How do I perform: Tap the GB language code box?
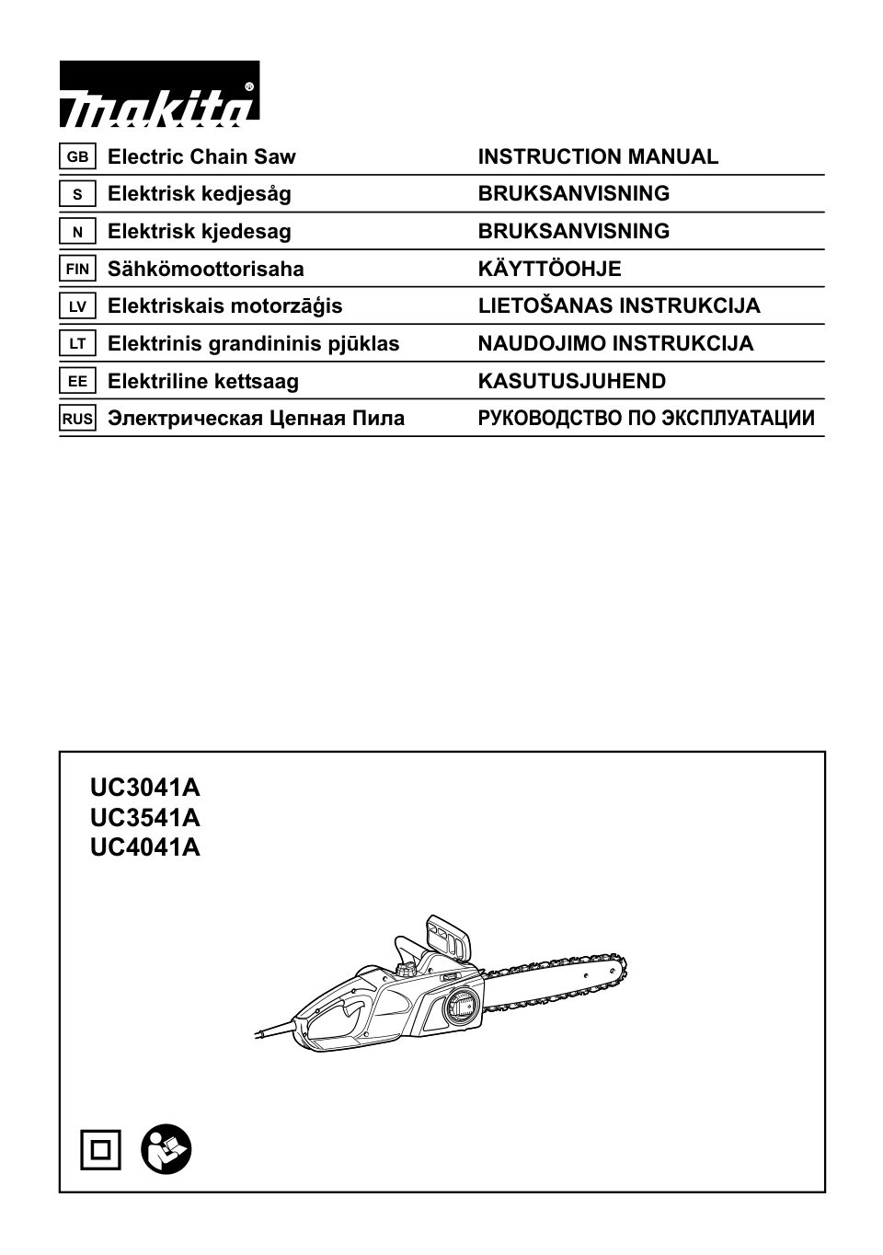pos(77,156)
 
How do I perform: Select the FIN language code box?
pos(77,269)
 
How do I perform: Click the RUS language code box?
pos(77,419)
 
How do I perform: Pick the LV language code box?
pos(77,306)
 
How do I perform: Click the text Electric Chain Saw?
pos(201,156)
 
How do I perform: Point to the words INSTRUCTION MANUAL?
pos(598,156)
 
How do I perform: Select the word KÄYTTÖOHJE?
pos(549,269)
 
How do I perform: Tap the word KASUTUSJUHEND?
pos(571,381)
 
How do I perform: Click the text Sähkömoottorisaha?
pos(205,269)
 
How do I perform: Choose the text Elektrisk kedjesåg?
pos(199,193)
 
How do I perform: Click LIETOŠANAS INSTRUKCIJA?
pos(618,305)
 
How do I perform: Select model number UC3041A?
pos(145,788)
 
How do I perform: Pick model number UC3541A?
pos(145,817)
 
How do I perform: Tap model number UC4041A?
pos(145,846)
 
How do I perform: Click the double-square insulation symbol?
pos(100,1149)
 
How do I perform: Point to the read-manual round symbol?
pos(166,1149)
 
